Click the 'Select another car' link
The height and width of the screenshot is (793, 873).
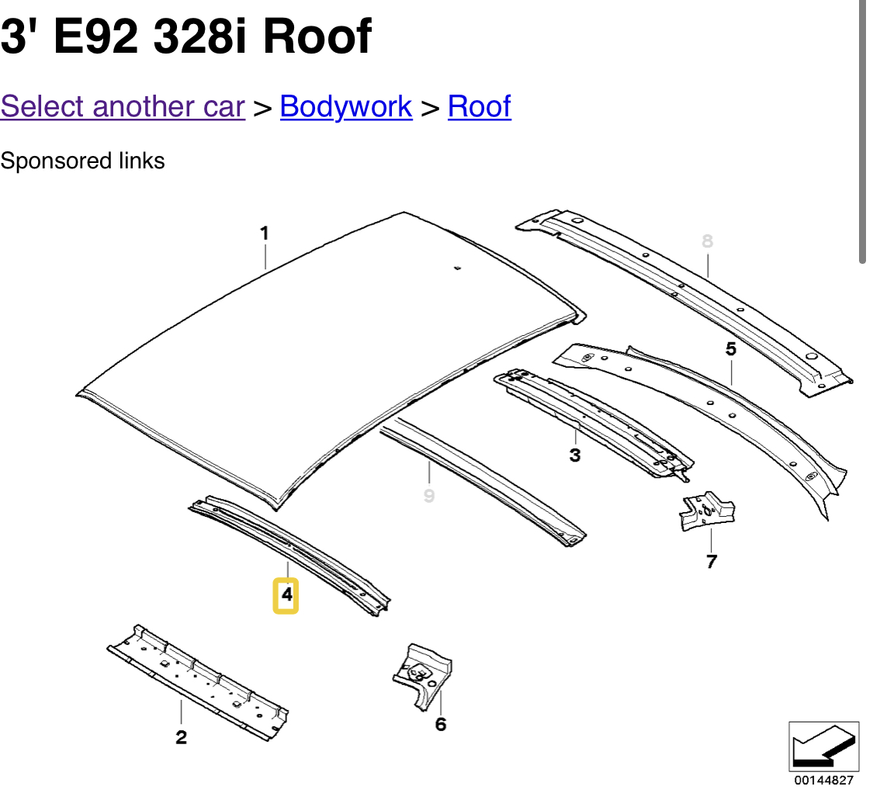[123, 106]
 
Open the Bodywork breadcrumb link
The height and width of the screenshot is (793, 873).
[345, 106]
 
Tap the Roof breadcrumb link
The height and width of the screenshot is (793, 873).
[479, 106]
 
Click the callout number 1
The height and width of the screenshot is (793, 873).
[265, 233]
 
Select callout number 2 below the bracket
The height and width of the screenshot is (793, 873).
[181, 737]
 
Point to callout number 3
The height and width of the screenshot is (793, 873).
[575, 455]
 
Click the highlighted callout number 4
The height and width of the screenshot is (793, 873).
[286, 595]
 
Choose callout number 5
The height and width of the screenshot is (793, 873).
[731, 349]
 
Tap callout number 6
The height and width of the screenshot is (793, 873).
[441, 725]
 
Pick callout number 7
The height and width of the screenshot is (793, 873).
[712, 561]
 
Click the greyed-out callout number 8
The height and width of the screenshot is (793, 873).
[707, 241]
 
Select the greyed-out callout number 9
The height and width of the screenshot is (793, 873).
[429, 495]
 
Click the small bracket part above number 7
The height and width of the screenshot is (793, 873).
[706, 511]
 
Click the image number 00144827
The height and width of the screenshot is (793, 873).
[823, 781]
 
